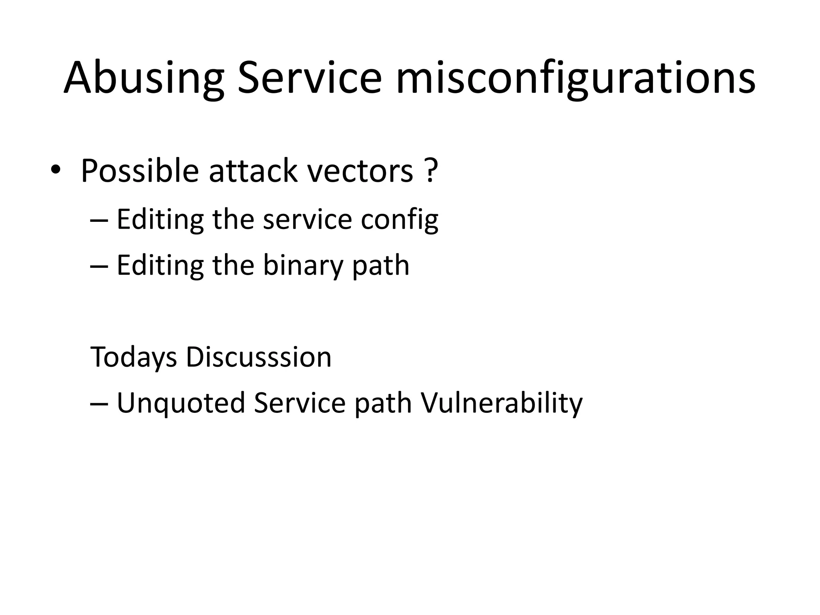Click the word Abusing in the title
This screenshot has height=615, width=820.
(x=143, y=78)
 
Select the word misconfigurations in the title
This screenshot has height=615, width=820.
(x=575, y=78)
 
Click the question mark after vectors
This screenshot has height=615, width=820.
(x=430, y=171)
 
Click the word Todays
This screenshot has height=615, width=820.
(x=134, y=357)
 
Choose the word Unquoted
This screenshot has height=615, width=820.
(x=181, y=403)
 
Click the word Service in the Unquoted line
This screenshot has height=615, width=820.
(x=299, y=402)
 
